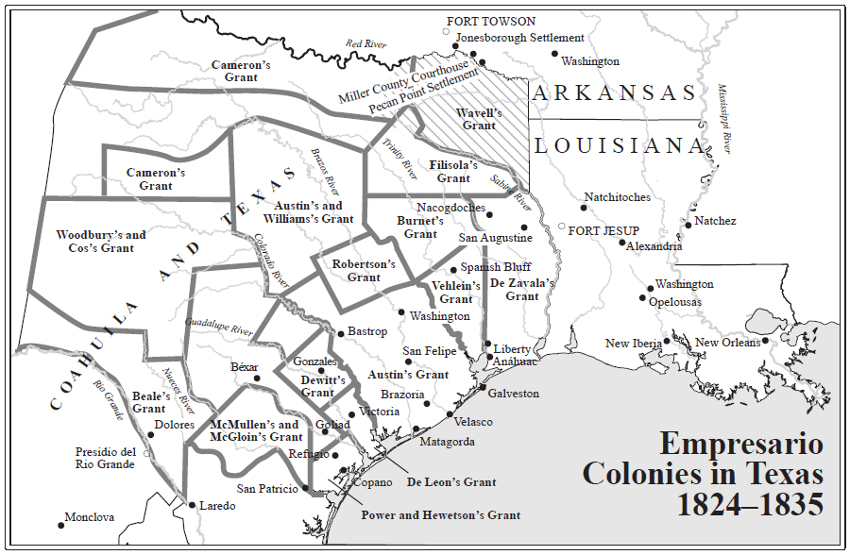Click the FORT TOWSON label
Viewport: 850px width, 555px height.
tap(491, 22)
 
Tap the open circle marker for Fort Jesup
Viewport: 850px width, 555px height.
tap(561, 227)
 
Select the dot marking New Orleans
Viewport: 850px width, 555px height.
tap(766, 341)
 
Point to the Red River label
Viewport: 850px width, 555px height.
tap(366, 43)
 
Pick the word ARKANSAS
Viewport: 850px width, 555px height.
tap(614, 92)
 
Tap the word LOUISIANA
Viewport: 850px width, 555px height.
tap(620, 146)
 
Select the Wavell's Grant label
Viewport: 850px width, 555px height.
tap(479, 119)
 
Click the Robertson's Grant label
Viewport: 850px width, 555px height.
tap(364, 271)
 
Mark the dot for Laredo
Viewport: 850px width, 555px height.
tap(192, 505)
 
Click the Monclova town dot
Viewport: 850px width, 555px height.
tap(61, 525)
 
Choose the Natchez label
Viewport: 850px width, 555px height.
tap(715, 221)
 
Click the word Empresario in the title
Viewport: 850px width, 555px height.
tap(740, 444)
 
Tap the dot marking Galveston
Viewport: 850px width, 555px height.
tap(482, 388)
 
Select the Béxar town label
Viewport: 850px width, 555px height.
tap(244, 366)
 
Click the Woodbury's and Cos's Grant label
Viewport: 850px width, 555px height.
tap(101, 242)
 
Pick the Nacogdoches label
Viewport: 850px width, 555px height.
tap(450, 208)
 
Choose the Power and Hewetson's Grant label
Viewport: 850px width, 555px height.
tap(440, 515)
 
